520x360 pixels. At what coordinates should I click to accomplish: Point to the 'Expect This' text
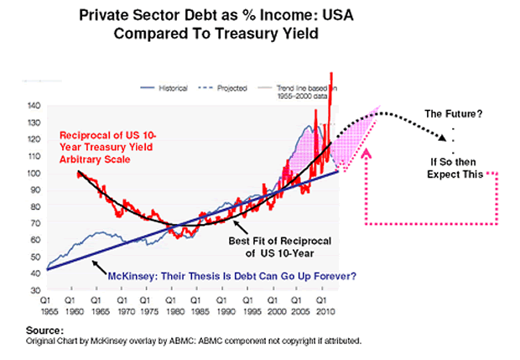point(450,175)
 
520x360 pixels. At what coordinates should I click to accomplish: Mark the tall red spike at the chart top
point(332,84)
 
